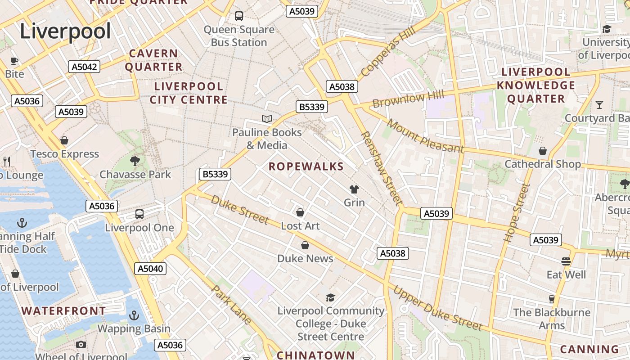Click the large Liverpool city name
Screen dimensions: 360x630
(x=65, y=31)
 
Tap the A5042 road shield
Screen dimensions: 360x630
(x=84, y=67)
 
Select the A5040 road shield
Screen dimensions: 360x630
(x=150, y=269)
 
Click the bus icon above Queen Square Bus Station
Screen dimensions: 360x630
(x=239, y=16)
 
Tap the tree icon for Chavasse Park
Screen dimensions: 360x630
(x=135, y=161)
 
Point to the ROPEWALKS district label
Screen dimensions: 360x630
(x=306, y=166)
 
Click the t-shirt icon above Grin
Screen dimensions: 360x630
(x=354, y=189)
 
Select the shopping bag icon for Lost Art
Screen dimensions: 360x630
(x=300, y=212)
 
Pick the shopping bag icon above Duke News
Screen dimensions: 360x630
(x=305, y=245)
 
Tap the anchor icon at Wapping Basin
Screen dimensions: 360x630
(x=134, y=315)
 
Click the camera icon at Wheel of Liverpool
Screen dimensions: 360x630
(x=81, y=344)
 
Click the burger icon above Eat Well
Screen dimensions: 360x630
(x=566, y=261)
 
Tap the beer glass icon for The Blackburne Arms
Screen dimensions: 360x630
(x=552, y=299)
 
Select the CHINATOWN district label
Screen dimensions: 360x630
(x=316, y=355)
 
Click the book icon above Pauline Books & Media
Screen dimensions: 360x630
(x=267, y=119)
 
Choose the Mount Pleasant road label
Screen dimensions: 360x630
(x=425, y=136)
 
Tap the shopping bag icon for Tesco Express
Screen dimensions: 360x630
(x=64, y=140)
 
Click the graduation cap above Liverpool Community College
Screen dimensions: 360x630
(x=331, y=297)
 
